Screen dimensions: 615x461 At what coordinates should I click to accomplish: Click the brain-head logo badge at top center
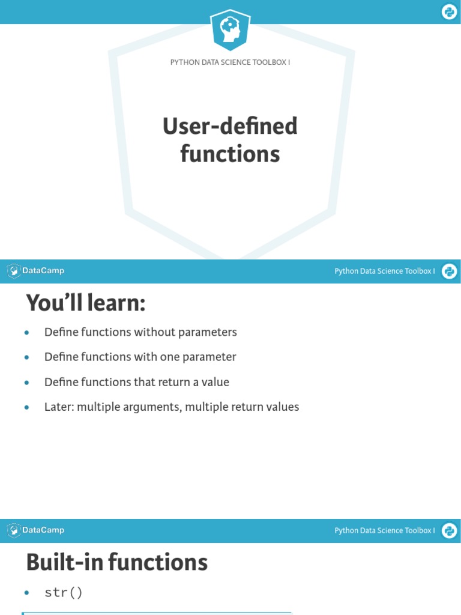[x=230, y=30]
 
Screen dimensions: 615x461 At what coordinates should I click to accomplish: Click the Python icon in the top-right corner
[x=449, y=12]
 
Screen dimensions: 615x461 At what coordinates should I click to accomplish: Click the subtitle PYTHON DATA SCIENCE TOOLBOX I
[x=230, y=62]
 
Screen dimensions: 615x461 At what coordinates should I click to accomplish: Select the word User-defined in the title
[x=230, y=127]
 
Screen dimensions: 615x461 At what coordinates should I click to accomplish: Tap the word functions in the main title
[x=230, y=154]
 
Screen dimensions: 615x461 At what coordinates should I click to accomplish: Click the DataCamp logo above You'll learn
[x=36, y=271]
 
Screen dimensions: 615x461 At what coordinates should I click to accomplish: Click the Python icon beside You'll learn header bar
[x=449, y=271]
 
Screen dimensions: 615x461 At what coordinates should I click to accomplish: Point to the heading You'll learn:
[x=86, y=304]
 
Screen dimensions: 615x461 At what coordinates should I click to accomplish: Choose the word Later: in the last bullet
[x=59, y=407]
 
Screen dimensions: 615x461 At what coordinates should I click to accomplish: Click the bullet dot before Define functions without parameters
[x=26, y=333]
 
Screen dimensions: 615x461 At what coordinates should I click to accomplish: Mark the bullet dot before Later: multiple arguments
[x=26, y=408]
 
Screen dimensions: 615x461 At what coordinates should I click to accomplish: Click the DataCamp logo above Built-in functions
[x=36, y=530]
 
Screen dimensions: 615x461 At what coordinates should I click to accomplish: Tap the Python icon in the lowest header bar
[x=449, y=531]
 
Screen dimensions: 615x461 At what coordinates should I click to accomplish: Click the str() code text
[x=63, y=593]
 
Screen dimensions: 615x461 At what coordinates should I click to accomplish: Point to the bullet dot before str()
[x=26, y=593]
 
